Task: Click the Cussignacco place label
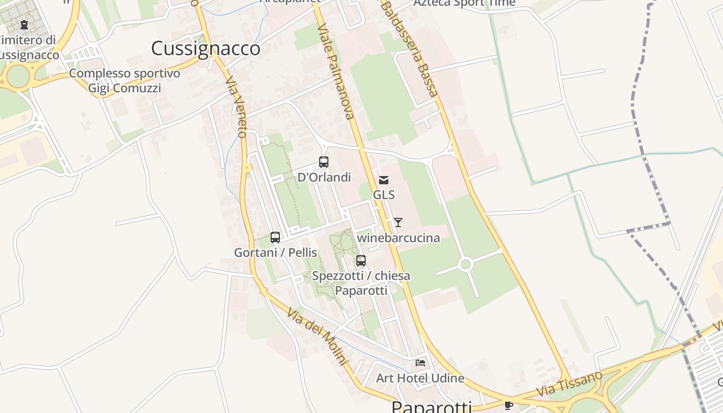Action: [x=206, y=49]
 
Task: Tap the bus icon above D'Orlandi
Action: [x=324, y=162]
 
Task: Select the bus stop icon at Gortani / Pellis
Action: [x=275, y=237]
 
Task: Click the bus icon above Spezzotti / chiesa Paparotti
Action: [x=361, y=261]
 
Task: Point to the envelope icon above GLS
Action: [x=384, y=180]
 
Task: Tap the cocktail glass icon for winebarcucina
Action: [x=398, y=223]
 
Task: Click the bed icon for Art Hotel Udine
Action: [x=420, y=363]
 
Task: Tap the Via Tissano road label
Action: [x=569, y=384]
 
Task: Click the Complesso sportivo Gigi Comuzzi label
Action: [x=124, y=81]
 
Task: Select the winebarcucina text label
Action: [x=399, y=238]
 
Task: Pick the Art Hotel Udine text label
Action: [x=420, y=378]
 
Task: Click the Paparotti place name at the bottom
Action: [x=432, y=407]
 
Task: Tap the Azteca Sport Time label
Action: [x=464, y=3]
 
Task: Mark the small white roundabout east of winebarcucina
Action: [x=465, y=265]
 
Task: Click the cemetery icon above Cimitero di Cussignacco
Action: [x=24, y=24]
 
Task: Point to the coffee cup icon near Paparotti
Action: [x=508, y=405]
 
